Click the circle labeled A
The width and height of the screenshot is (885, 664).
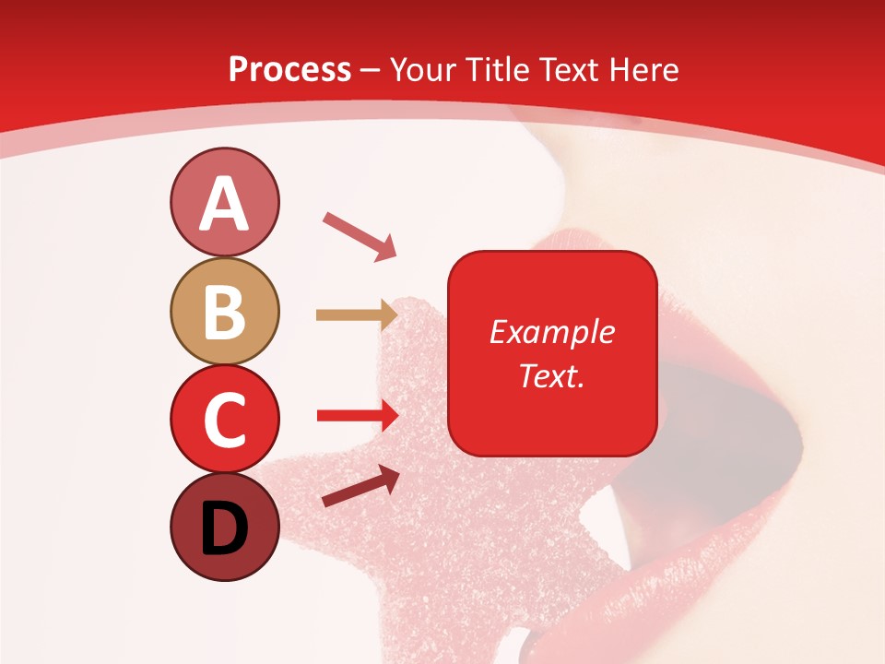coord(224,203)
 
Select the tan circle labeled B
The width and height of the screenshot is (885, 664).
coord(224,311)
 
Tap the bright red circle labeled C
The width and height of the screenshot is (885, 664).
coord(224,418)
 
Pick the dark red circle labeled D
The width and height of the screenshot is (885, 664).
coord(224,527)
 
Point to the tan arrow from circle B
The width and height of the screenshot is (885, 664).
coord(356,315)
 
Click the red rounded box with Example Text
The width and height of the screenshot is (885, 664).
coord(552,353)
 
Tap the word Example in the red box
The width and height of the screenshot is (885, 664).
coord(552,332)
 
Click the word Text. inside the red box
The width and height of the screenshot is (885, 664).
coord(552,375)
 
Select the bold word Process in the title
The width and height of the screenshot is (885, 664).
coord(289,69)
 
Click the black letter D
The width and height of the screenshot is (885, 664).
coord(224,530)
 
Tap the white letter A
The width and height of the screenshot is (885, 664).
coord(224,205)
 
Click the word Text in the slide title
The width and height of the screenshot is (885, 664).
coord(569,69)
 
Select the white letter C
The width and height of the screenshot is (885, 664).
coord(224,420)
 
